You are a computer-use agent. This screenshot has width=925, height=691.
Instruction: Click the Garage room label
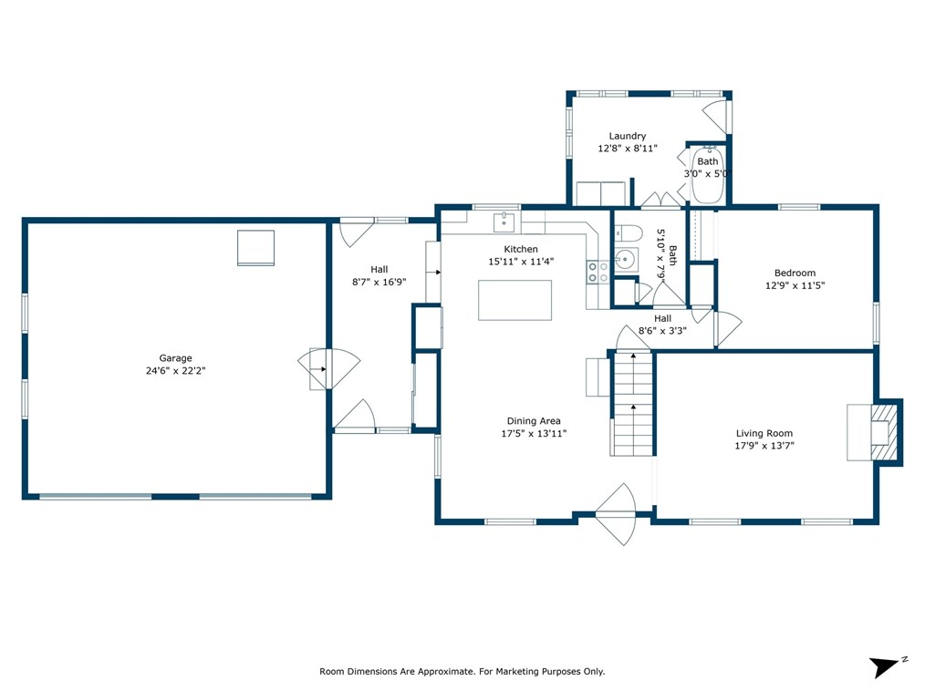click(x=175, y=358)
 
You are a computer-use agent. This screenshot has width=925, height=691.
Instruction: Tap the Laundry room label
click(x=627, y=136)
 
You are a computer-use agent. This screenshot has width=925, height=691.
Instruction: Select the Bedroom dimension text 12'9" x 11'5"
click(x=795, y=285)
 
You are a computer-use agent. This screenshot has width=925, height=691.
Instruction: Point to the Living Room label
click(x=764, y=433)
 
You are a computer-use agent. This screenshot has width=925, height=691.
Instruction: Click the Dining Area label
click(x=534, y=421)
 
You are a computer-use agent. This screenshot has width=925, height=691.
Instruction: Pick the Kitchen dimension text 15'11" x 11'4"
click(x=521, y=262)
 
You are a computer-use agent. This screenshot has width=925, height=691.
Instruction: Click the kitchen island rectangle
click(x=515, y=300)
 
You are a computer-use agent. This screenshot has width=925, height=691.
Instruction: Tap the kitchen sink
click(x=504, y=222)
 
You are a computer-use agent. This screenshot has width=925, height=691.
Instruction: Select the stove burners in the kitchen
click(x=598, y=272)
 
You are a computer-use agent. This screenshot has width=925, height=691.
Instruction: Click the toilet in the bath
click(x=628, y=232)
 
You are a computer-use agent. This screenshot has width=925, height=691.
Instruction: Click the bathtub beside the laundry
click(x=708, y=174)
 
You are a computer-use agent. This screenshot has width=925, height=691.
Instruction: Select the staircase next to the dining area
click(x=632, y=403)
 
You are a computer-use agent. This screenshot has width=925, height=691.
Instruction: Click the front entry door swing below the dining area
click(x=617, y=514)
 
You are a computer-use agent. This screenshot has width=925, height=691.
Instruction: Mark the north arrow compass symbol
click(x=886, y=666)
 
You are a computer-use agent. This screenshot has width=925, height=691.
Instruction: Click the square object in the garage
click(x=256, y=248)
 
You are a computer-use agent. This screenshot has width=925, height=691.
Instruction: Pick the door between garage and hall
click(x=328, y=369)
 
